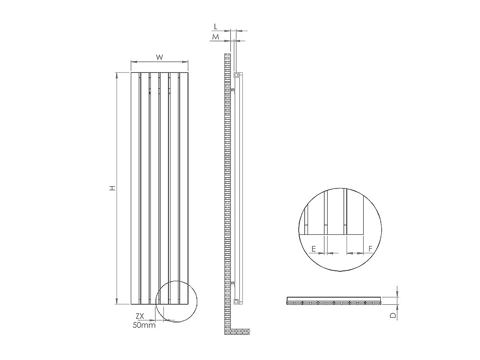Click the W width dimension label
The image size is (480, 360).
tap(160, 57)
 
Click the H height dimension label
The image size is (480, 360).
tap(113, 188)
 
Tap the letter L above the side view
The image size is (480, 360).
tap(216, 27)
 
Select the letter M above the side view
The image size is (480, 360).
tap(216, 37)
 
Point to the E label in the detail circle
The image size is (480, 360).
tap(314, 249)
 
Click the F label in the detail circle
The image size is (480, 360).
tap(370, 249)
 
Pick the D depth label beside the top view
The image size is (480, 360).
tap(394, 315)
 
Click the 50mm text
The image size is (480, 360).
tap(144, 325)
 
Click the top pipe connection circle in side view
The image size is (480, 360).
tap(236, 75)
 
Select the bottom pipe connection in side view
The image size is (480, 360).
tap(236, 301)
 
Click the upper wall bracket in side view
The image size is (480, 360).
tap(233, 91)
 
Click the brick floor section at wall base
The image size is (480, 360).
tap(239, 331)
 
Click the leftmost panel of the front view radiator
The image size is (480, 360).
tap(135, 188)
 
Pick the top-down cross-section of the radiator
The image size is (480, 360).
tap(334, 301)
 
